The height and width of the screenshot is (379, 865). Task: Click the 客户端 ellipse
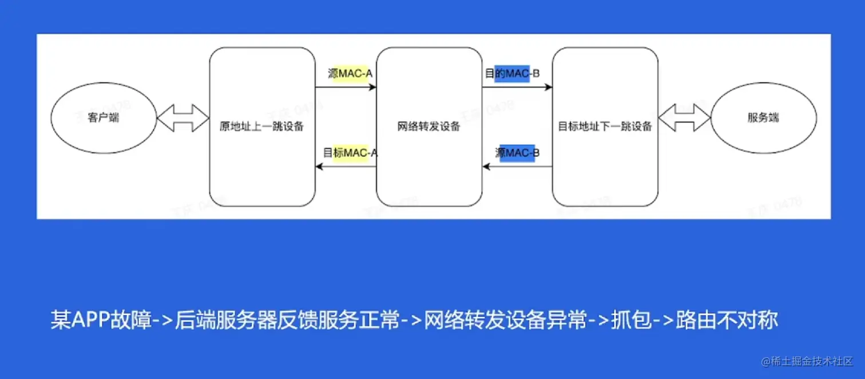click(x=104, y=119)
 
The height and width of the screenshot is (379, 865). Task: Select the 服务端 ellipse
click(x=763, y=119)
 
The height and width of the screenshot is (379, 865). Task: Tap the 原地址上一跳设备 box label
click(x=261, y=127)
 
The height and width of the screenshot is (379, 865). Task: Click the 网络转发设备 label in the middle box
click(x=428, y=127)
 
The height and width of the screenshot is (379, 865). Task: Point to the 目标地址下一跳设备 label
click(x=605, y=127)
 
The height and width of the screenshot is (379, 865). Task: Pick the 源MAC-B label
click(x=517, y=153)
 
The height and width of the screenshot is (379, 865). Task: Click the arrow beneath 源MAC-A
click(x=346, y=88)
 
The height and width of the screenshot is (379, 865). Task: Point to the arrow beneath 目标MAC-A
click(x=346, y=167)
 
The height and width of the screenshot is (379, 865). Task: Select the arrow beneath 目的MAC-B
click(x=517, y=88)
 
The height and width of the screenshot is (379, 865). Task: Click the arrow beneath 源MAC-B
click(x=517, y=167)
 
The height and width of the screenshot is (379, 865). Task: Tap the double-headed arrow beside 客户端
click(x=183, y=119)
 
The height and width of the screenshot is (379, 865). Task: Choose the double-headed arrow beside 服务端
click(x=684, y=119)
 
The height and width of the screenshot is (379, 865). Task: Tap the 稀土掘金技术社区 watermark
click(x=812, y=361)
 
